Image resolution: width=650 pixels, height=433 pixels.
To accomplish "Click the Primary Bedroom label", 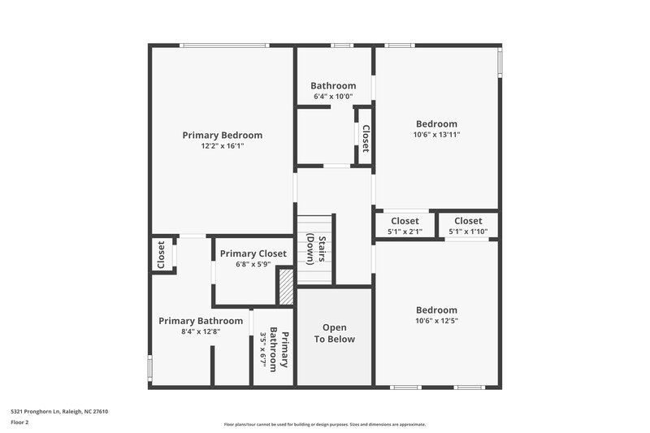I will (x=222, y=136).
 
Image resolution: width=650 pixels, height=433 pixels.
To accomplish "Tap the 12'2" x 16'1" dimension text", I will (x=222, y=147).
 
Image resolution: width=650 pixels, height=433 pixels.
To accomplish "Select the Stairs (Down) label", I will (x=316, y=249).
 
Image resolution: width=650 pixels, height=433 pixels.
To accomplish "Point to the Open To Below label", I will (x=335, y=334).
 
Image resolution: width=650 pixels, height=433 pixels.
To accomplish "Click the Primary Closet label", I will (x=253, y=253).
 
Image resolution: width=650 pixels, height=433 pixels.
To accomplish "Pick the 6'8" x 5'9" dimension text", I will (x=253, y=265).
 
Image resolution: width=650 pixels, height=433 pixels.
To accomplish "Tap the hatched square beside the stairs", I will (x=286, y=287).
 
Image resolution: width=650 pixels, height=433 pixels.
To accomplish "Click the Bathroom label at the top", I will (x=333, y=86).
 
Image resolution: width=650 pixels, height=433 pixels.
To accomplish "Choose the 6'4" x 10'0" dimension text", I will (x=333, y=97).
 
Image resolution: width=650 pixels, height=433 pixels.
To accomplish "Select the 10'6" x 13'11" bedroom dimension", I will (x=436, y=135).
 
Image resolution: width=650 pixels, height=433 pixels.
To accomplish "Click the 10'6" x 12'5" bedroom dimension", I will (x=436, y=321).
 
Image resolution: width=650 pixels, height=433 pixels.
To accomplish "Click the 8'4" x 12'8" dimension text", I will (x=200, y=331).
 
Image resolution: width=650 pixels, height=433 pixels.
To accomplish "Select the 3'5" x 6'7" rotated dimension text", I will (x=263, y=349).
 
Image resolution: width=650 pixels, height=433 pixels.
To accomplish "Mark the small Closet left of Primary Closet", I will (x=161, y=255).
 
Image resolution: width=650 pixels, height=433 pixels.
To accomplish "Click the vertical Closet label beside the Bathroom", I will (x=366, y=138).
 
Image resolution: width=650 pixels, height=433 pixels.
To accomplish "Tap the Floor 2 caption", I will (x=19, y=423).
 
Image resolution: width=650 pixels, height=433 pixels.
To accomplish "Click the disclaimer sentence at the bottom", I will (x=324, y=424).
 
